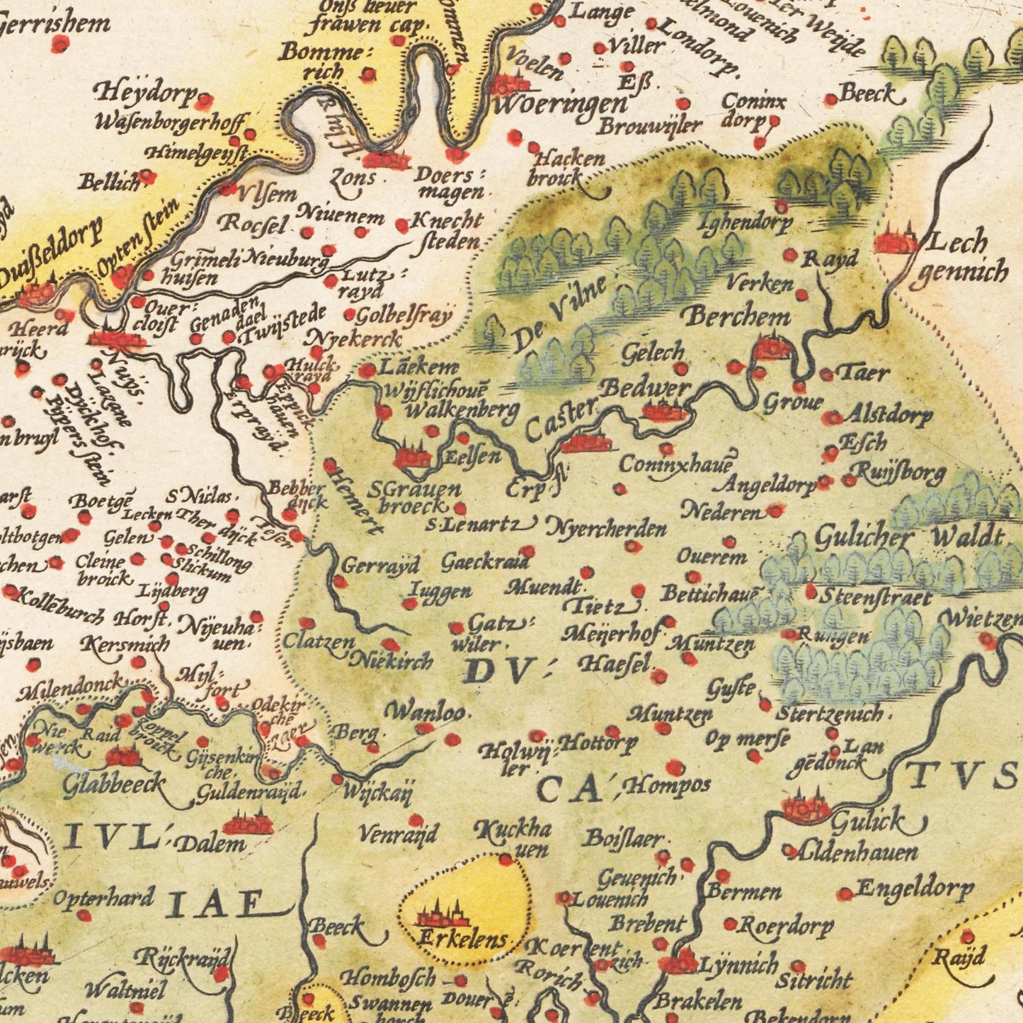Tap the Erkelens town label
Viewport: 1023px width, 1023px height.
pyautogui.click(x=463, y=940)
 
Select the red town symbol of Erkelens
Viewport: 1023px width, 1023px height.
pyautogui.click(x=442, y=917)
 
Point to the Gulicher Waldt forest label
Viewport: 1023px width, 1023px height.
pyautogui.click(x=910, y=538)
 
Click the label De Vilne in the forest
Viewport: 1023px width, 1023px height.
pyautogui.click(x=559, y=314)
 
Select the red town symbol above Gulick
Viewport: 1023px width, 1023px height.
pyautogui.click(x=806, y=806)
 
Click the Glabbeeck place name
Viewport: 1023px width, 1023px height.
pyautogui.click(x=113, y=784)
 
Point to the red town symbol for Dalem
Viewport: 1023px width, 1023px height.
pyautogui.click(x=247, y=824)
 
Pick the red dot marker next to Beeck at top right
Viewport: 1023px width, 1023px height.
pyautogui.click(x=831, y=100)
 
